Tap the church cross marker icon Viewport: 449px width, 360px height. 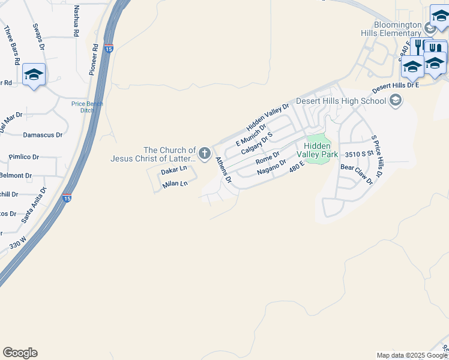pos(205,154)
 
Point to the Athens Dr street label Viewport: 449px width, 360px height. pos(224,170)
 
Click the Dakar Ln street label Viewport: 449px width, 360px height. pos(174,171)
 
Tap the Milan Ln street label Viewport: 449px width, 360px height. pos(175,184)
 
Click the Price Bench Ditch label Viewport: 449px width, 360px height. pos(87,107)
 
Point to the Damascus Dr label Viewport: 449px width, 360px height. pos(42,135)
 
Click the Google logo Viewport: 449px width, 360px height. pos(20,353)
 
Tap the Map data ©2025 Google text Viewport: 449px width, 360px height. pos(411,355)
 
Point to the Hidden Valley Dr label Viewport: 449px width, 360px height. pos(267,117)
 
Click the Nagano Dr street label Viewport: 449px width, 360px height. pos(271,167)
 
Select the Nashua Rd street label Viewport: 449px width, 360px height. pos(76,22)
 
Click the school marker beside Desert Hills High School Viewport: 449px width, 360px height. pos(395,100)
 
